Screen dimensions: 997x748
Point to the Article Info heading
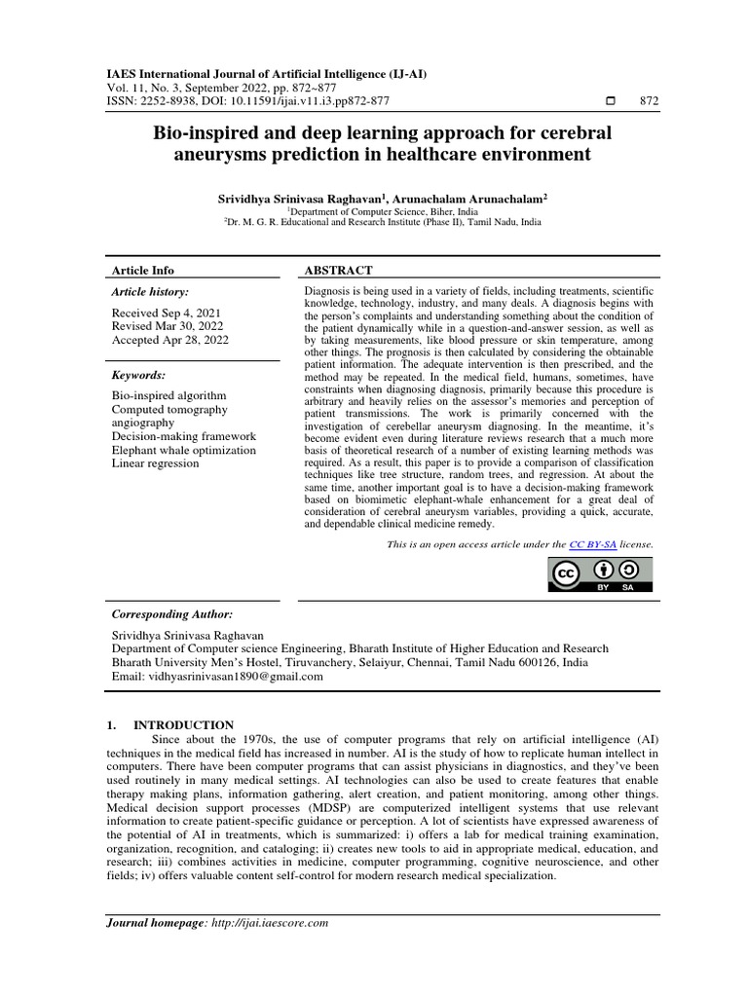[143, 270]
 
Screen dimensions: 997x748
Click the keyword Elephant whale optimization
[184, 450]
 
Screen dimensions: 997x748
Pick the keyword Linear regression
[155, 463]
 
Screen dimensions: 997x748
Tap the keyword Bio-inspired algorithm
[168, 395]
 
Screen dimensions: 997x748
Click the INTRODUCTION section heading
[183, 724]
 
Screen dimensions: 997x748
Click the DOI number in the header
[276, 102]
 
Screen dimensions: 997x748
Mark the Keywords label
[139, 374]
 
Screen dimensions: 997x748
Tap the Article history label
[151, 291]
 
